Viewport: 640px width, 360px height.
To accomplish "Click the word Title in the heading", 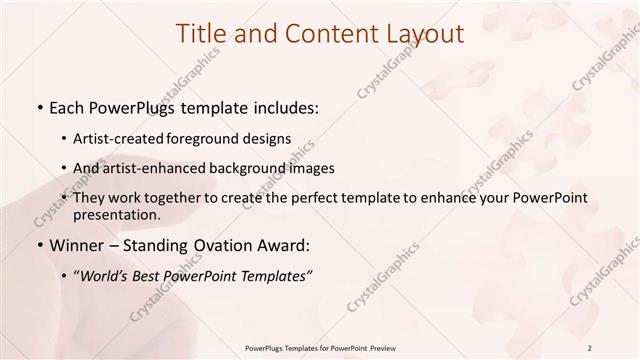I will (x=204, y=33).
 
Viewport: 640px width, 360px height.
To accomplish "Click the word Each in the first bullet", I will (x=66, y=106).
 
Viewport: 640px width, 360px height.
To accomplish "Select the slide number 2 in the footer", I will (x=591, y=346).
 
